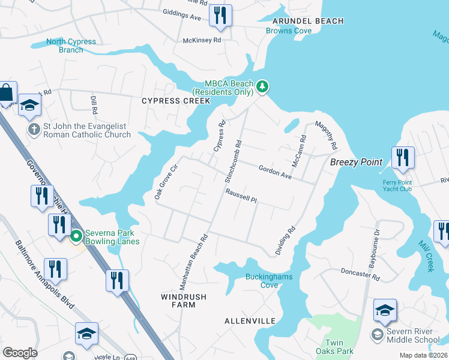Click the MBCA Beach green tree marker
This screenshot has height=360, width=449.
click(262, 88)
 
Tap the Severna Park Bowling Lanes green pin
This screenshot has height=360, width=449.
click(76, 236)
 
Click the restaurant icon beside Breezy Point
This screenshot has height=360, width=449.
click(402, 158)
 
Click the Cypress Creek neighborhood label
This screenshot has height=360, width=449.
click(176, 101)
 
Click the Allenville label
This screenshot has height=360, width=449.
click(250, 321)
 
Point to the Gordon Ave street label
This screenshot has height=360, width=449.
click(274, 173)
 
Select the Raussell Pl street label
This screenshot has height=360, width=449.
click(241, 196)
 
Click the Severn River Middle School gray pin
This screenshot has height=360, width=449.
click(378, 333)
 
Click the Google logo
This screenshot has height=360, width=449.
click(19, 352)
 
